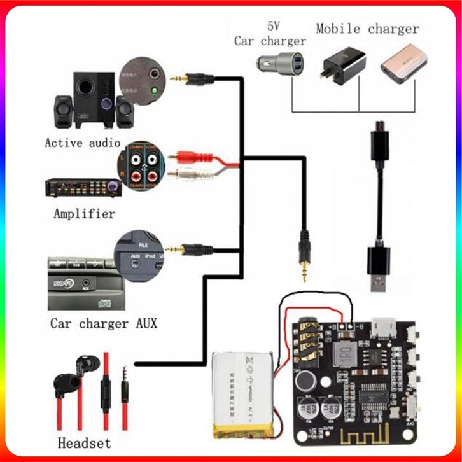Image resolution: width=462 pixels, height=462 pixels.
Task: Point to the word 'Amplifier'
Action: (x=85, y=214)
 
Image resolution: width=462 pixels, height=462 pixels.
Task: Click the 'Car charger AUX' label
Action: (x=104, y=323)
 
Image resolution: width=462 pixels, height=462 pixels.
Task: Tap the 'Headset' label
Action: (x=84, y=443)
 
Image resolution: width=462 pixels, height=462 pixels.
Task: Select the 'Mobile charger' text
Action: (x=367, y=29)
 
